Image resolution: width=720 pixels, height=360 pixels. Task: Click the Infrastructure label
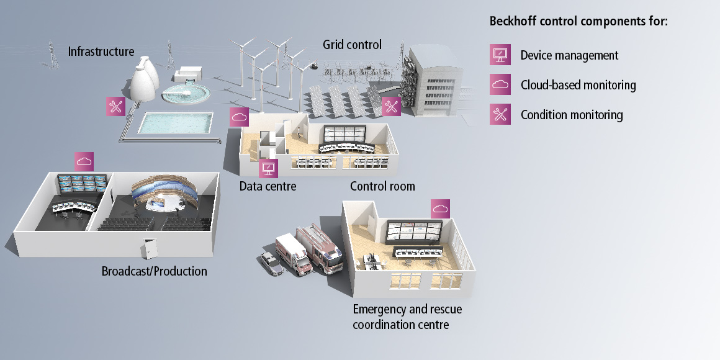pos(101,51)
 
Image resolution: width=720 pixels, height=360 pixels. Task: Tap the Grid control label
pos(352,45)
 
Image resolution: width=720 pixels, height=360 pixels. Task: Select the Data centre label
pos(268,186)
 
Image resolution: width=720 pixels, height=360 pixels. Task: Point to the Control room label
pos(382,186)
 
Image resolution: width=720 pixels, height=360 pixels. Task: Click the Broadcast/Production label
pos(154,271)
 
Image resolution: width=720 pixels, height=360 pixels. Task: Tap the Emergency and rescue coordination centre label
pos(407,317)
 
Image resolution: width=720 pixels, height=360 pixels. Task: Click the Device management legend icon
pos(500,55)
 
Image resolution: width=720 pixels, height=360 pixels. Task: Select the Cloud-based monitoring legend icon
pos(500,84)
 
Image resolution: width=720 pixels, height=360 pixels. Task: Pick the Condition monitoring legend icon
pos(500,114)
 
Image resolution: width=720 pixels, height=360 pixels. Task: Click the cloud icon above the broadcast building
pos(84,161)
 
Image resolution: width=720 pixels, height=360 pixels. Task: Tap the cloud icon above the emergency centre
pos(440,209)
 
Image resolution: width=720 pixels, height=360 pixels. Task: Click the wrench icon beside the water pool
pos(115,106)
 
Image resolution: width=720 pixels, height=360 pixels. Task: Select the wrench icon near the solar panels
pos(391,106)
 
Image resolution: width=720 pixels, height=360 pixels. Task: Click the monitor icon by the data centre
pos(268,168)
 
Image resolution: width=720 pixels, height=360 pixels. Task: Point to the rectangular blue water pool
pos(167,124)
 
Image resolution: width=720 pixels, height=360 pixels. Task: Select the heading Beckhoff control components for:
pos(578,21)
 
